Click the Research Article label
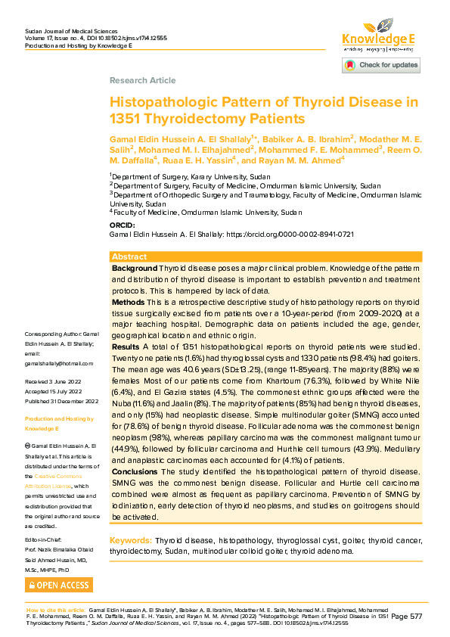142,80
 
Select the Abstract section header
129,257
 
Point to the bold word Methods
129,300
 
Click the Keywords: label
131,540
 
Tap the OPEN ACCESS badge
58,585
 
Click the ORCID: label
123,225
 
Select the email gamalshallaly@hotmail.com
57,363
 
